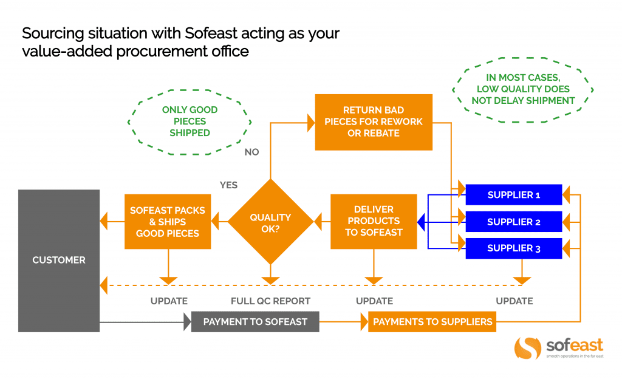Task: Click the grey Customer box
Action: [59, 260]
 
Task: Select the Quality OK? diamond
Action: [270, 222]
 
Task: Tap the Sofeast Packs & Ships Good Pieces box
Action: [168, 222]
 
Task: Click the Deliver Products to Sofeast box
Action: [374, 222]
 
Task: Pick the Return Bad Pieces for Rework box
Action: [374, 122]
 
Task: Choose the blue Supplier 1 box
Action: [513, 195]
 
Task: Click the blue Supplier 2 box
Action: [513, 222]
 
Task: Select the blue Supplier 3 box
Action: [513, 248]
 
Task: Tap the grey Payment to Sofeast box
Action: [255, 321]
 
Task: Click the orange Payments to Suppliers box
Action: [432, 321]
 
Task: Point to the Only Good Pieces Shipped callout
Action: [190, 121]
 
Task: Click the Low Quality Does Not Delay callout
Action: [523, 89]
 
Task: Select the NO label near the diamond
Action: [251, 152]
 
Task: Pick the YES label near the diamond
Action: [228, 185]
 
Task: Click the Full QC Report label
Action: [270, 301]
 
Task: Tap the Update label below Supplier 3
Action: [514, 301]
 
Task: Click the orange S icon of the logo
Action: [527, 348]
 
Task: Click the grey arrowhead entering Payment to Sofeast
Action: [187, 321]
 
